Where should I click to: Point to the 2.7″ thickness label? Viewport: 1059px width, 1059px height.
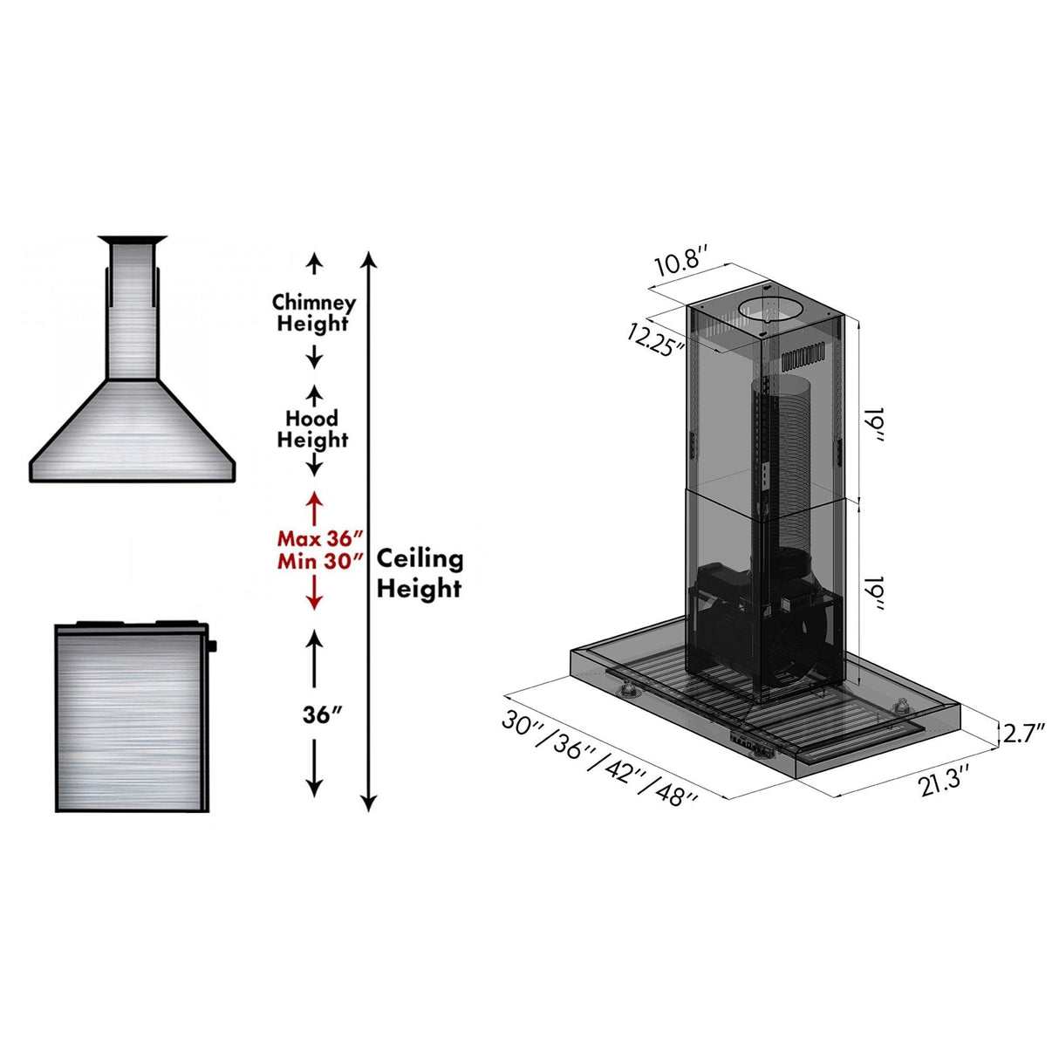(x=1023, y=733)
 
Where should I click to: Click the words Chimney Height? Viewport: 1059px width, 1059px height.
(x=314, y=312)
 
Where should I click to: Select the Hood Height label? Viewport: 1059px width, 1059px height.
(x=312, y=428)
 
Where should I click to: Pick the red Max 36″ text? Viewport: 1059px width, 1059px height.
(x=319, y=538)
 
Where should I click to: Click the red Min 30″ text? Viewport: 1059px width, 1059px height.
(x=319, y=561)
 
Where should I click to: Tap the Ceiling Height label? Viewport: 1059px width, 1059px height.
(x=420, y=573)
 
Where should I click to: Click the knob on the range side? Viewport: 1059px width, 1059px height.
(x=212, y=646)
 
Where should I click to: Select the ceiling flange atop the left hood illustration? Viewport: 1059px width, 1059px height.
(x=132, y=239)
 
